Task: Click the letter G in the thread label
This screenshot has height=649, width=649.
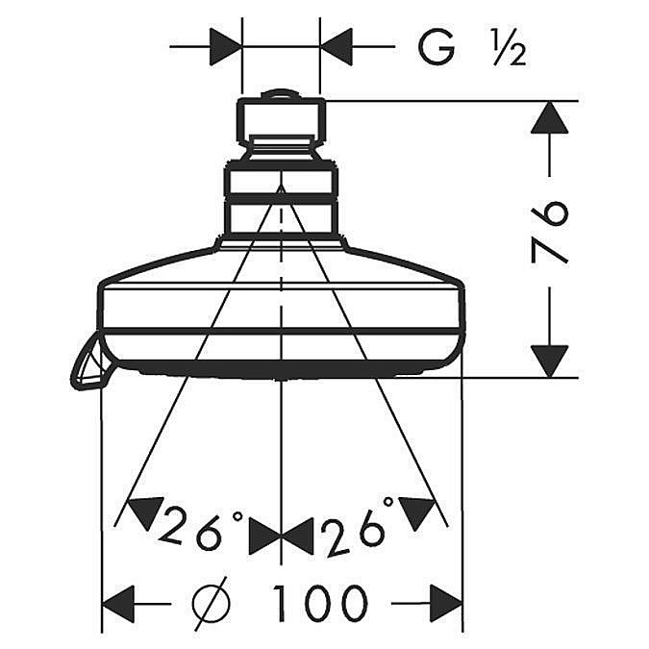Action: coord(437,47)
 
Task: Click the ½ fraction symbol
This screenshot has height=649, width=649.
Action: coord(510,48)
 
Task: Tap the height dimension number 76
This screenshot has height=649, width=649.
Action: coord(549,233)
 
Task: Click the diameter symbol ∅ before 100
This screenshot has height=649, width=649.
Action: coord(212,603)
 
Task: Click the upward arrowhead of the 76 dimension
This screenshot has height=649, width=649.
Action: coord(549,117)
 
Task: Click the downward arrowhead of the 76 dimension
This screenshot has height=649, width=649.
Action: coord(549,362)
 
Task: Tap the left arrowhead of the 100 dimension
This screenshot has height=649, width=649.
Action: coord(118,603)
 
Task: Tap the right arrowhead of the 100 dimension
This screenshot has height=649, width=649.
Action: coord(446,603)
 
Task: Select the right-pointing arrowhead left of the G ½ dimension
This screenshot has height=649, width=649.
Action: coord(226,47)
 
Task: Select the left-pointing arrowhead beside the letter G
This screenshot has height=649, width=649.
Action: coord(336,47)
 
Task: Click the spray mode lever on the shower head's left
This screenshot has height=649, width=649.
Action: coord(87,365)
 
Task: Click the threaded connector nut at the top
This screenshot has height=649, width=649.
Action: coord(281,120)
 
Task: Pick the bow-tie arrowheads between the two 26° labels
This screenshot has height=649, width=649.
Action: coord(281,537)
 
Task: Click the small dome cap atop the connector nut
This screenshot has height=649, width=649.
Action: coord(281,94)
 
